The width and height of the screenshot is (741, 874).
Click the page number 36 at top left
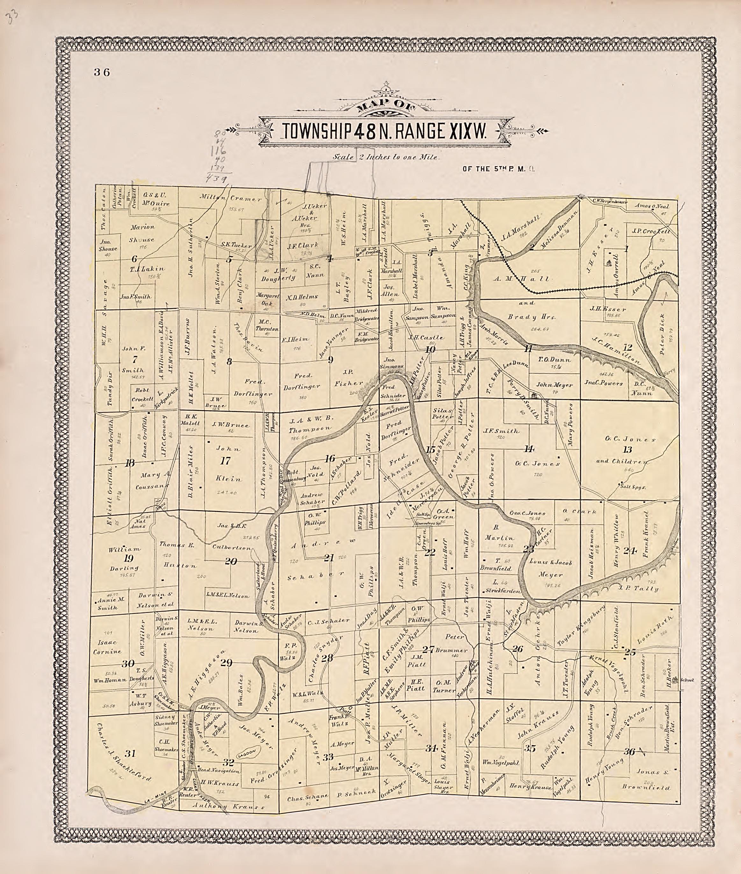coord(102,72)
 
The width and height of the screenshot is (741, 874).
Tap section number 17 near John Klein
coord(226,461)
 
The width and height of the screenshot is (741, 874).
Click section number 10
coord(430,349)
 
